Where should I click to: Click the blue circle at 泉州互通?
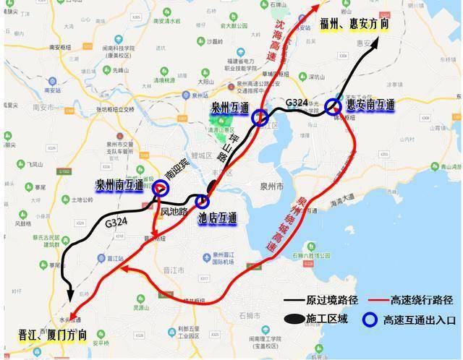pos(261,117)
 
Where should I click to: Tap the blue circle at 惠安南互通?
pos(333,107)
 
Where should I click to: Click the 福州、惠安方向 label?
pos(354,25)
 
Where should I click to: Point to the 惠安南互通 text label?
pos(370,105)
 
